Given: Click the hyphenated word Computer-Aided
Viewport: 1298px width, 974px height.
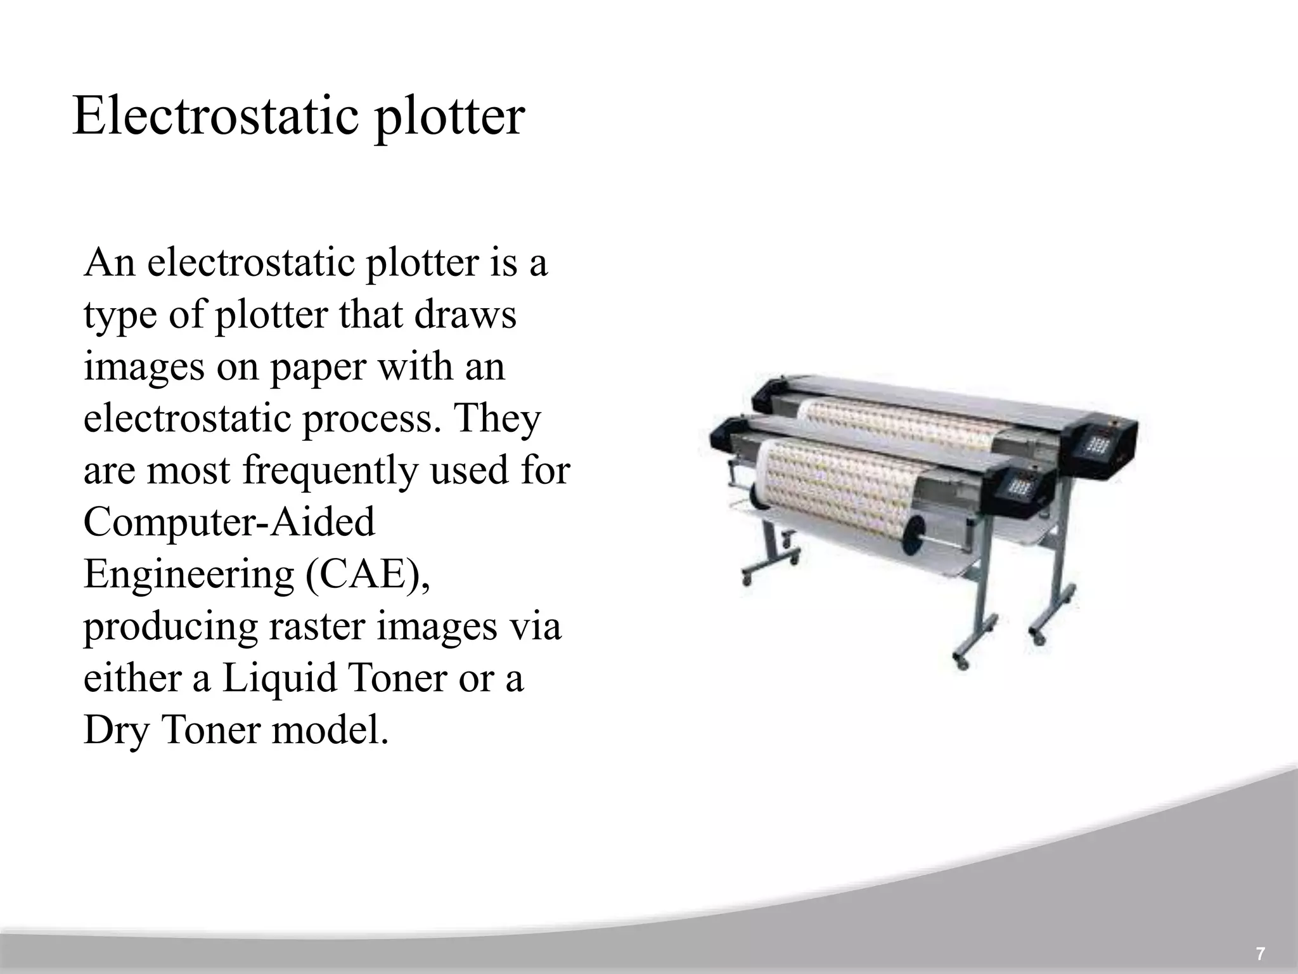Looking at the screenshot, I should pyautogui.click(x=229, y=523).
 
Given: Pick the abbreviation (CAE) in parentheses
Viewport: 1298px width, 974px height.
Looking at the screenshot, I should pyautogui.click(x=368, y=575).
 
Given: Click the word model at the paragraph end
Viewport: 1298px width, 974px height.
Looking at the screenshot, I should pyautogui.click(x=329, y=730).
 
